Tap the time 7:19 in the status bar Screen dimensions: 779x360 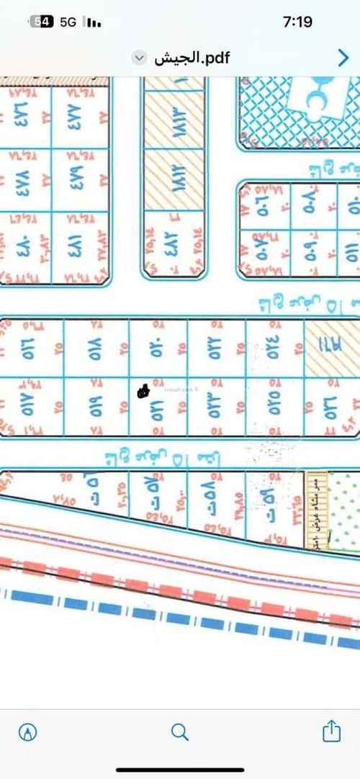pyautogui.click(x=298, y=22)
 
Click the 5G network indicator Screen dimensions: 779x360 pyautogui.click(x=68, y=22)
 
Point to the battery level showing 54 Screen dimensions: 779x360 pyautogui.click(x=43, y=22)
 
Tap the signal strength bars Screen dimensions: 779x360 pyautogui.click(x=93, y=22)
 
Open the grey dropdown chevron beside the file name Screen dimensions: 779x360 pyautogui.click(x=141, y=58)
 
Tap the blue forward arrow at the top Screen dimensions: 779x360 pyautogui.click(x=343, y=58)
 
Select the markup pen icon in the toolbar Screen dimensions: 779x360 pyautogui.click(x=28, y=732)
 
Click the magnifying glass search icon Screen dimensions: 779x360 pyautogui.click(x=180, y=732)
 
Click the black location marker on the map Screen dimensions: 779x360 pyautogui.click(x=143, y=391)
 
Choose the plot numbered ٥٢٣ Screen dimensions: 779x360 pyautogui.click(x=216, y=407)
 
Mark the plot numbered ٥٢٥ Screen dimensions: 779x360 pyautogui.click(x=274, y=407)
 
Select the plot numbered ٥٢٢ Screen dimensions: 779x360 pyautogui.click(x=216, y=347)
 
